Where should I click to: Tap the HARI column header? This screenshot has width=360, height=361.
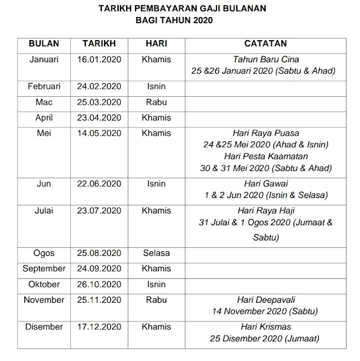156,44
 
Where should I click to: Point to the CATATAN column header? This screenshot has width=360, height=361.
265,44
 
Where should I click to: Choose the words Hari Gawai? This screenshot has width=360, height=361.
265,184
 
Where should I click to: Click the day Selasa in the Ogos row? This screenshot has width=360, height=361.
156,253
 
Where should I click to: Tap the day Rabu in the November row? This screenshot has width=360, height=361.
156,299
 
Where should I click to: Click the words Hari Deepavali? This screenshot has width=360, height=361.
265,300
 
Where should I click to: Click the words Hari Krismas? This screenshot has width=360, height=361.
265,327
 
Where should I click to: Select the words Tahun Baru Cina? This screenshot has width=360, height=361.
265,59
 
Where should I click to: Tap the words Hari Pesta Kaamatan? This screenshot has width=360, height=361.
265,156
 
